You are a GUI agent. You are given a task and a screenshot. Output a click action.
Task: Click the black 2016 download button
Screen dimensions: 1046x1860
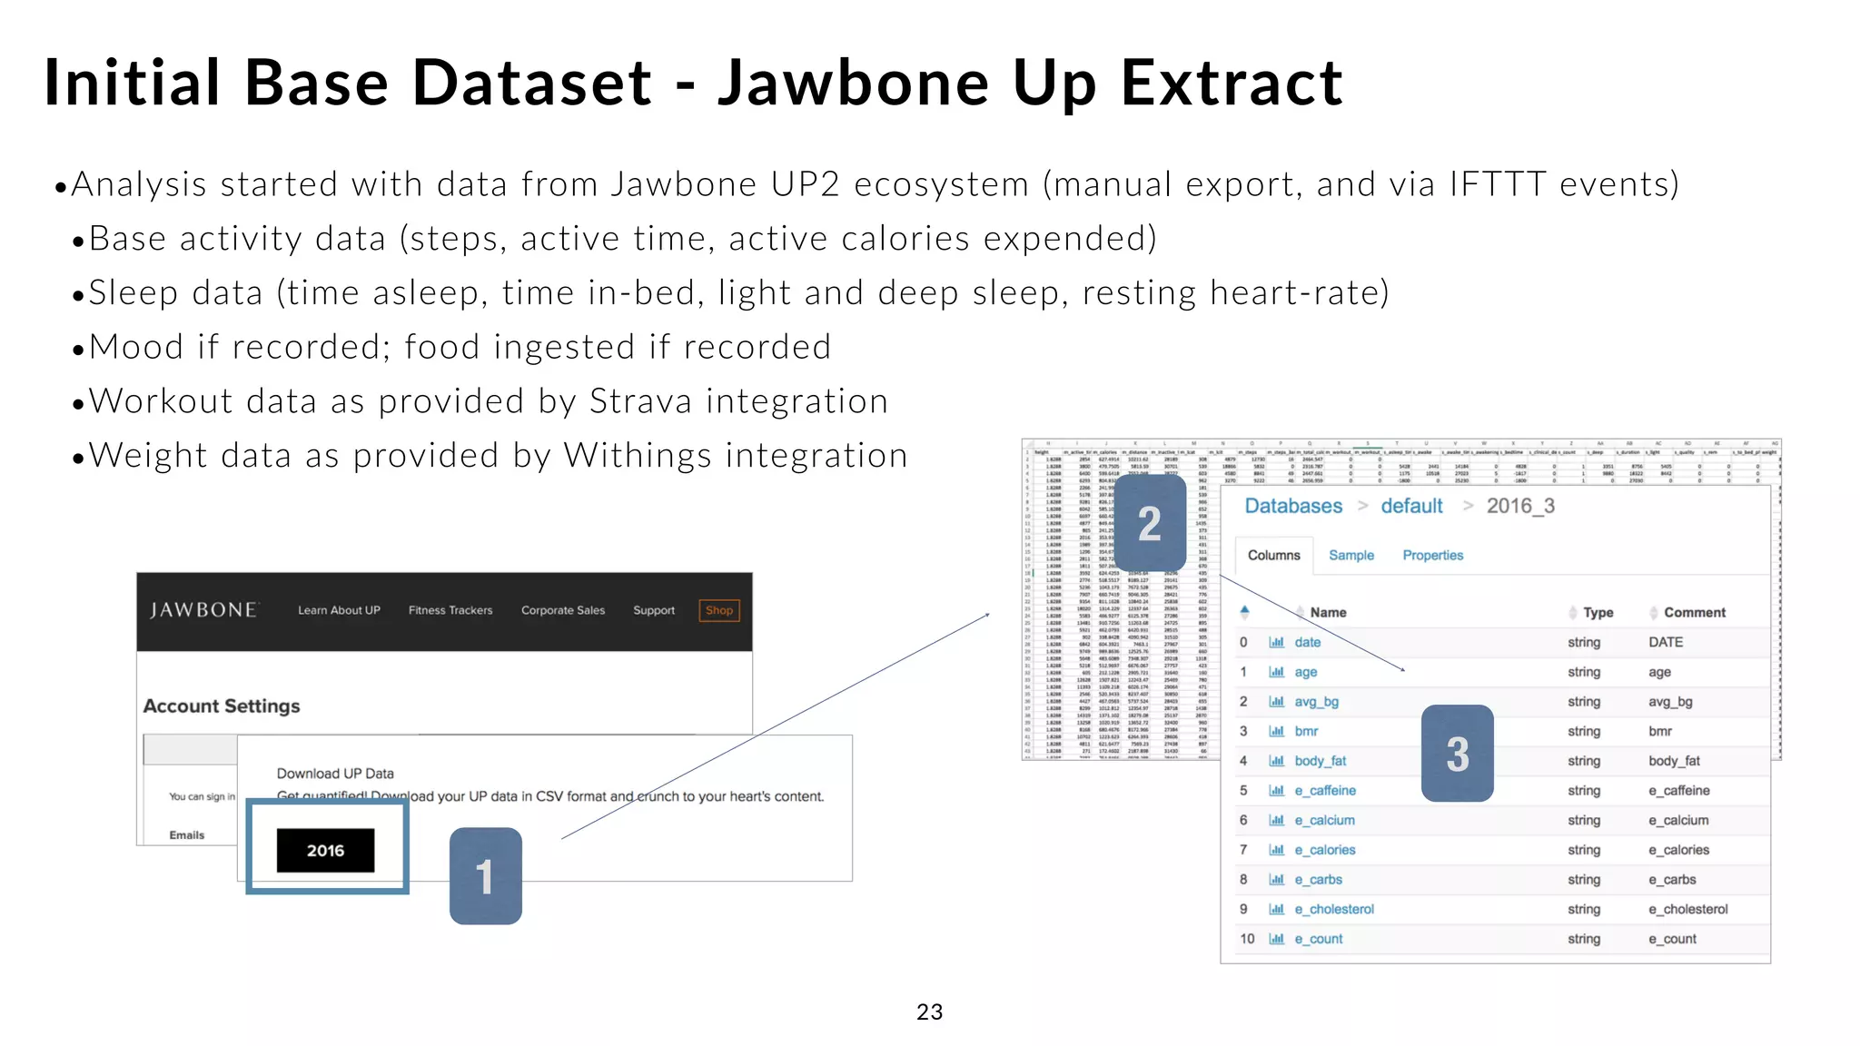tap(325, 851)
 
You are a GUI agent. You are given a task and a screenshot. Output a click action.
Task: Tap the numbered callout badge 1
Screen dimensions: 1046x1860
tap(486, 876)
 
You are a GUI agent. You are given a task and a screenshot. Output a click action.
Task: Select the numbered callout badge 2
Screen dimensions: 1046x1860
tap(1150, 524)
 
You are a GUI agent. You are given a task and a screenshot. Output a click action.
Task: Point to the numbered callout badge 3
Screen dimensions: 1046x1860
tap(1457, 754)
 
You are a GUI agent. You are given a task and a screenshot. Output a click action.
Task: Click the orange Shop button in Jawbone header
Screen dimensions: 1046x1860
tap(719, 610)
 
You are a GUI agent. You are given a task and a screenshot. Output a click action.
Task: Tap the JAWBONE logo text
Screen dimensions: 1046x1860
tap(203, 610)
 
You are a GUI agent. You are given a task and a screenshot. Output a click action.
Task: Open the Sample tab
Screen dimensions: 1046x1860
tap(1350, 555)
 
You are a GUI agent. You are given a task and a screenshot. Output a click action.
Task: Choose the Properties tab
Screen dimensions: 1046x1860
tap(1432, 555)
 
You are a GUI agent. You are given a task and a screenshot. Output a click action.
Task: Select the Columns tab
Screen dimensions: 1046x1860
tap(1273, 555)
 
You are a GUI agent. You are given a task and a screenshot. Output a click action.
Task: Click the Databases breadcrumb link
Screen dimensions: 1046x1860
tap(1292, 506)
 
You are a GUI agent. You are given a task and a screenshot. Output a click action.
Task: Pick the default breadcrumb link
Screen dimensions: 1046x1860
tap(1411, 506)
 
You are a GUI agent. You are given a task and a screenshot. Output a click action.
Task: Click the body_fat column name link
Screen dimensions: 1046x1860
tap(1320, 761)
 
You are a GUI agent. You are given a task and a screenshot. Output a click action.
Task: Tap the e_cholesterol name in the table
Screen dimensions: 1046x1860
tap(1333, 909)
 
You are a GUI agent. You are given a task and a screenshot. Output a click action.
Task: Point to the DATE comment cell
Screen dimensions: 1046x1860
tap(1666, 642)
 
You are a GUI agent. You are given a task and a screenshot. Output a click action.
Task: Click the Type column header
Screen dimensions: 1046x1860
tap(1598, 613)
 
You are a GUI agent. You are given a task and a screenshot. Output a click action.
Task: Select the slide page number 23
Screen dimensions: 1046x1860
tap(929, 1011)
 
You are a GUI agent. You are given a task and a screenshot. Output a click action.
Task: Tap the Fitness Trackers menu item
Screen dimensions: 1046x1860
tap(450, 610)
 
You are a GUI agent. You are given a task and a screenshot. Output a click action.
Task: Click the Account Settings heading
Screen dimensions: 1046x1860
tap(222, 706)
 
